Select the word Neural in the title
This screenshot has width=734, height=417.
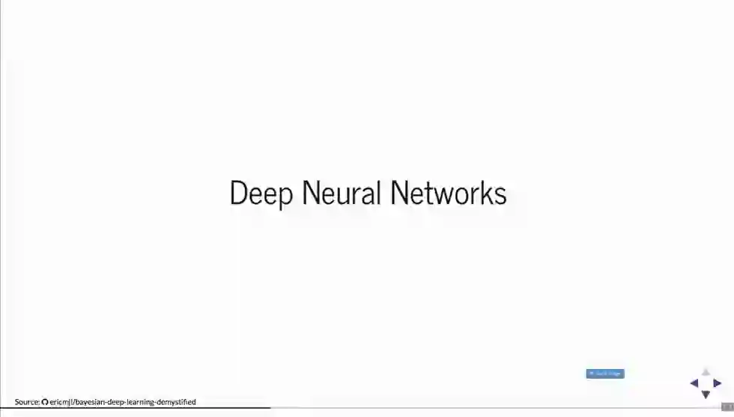pyautogui.click(x=342, y=193)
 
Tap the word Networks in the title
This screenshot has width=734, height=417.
pyautogui.click(x=449, y=193)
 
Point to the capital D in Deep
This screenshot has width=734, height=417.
pyautogui.click(x=237, y=193)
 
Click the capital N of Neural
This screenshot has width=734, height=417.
pyautogui.click(x=311, y=193)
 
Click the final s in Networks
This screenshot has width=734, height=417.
pyautogui.click(x=501, y=195)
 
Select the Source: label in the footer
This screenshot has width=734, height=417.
pyautogui.click(x=27, y=402)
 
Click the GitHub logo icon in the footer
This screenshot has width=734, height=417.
pyautogui.click(x=45, y=402)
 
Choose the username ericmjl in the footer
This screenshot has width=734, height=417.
pyautogui.click(x=61, y=402)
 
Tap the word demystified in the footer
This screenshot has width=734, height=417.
pyautogui.click(x=176, y=402)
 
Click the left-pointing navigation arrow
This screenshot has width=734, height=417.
pyautogui.click(x=694, y=383)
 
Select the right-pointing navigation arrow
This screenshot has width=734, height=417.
pyautogui.click(x=718, y=383)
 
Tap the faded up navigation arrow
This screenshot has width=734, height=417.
pyautogui.click(x=706, y=372)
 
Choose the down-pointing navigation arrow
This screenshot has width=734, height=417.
pyautogui.click(x=706, y=394)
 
